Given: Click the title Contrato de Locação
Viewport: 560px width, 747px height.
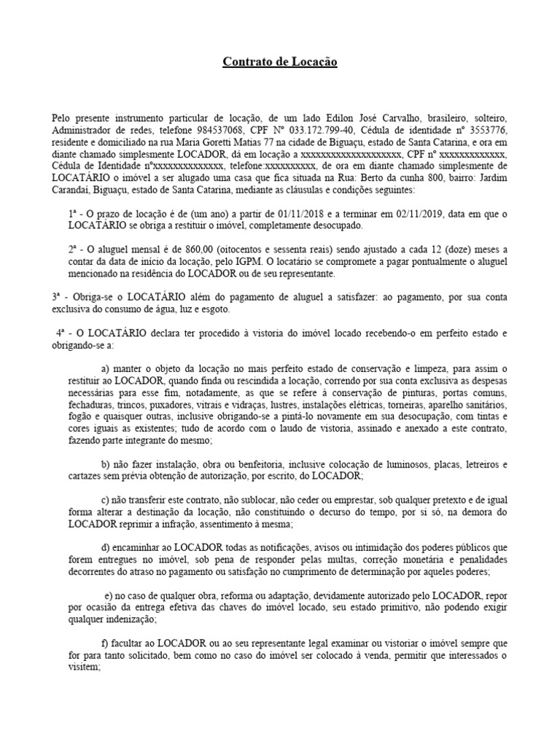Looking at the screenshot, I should [280, 63].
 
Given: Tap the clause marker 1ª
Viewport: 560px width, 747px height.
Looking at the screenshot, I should [73, 213].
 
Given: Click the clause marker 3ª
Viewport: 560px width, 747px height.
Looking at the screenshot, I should [57, 297].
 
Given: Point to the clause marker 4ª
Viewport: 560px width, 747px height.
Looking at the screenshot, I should [61, 333].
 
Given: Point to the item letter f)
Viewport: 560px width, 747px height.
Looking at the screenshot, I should [105, 643].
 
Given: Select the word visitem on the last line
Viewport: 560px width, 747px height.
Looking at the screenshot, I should [67, 667].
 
